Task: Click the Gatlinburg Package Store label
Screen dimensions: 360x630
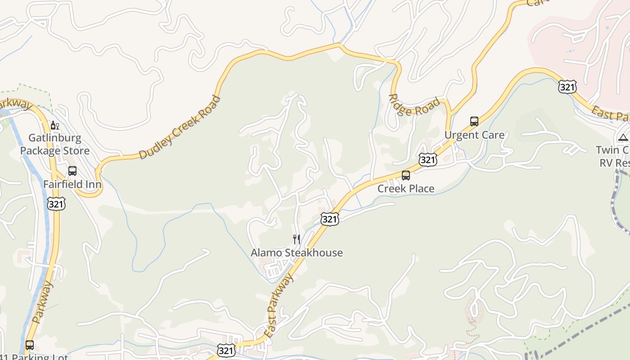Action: (55, 144)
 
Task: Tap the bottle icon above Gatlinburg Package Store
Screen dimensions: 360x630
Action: (55, 125)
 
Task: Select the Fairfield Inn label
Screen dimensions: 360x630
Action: (72, 184)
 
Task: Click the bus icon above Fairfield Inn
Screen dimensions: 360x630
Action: (72, 171)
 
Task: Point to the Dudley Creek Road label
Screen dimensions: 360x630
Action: (180, 127)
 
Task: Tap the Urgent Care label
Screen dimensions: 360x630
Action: (474, 135)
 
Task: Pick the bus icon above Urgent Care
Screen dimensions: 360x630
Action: (474, 121)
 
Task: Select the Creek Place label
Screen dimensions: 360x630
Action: (406, 189)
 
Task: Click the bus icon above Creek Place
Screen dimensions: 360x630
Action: (406, 175)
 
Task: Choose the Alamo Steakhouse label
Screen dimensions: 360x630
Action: (297, 253)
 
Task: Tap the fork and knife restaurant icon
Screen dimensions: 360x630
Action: (297, 239)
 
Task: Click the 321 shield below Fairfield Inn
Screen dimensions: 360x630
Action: (56, 204)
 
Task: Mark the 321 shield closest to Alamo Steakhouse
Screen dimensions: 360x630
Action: (330, 219)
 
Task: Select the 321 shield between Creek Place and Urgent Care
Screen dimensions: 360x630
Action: (427, 159)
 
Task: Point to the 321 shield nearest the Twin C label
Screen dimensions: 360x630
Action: (567, 87)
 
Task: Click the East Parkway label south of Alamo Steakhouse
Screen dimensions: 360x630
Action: (279, 306)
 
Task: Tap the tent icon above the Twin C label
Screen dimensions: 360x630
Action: (623, 137)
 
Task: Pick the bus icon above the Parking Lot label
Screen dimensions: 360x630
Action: (30, 346)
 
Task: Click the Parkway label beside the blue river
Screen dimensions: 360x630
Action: (43, 303)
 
